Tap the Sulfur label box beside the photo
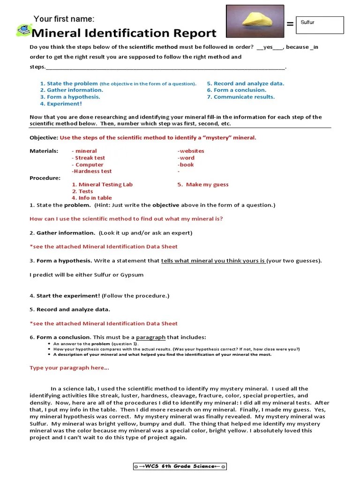point(322,25)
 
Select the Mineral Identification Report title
point(124,33)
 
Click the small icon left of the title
point(23,31)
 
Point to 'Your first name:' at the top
point(64,19)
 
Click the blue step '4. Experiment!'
point(61,104)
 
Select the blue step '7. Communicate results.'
point(240,97)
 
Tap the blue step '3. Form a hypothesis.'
point(70,97)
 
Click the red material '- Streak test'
point(88,158)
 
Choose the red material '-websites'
point(191,151)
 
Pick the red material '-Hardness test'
point(91,172)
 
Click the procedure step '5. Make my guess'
point(202,185)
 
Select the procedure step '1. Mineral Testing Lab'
point(102,185)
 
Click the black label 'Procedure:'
point(45,178)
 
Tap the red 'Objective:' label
point(44,138)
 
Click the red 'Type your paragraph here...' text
point(69,368)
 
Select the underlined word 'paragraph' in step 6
point(150,337)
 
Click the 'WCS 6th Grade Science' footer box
point(180,466)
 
